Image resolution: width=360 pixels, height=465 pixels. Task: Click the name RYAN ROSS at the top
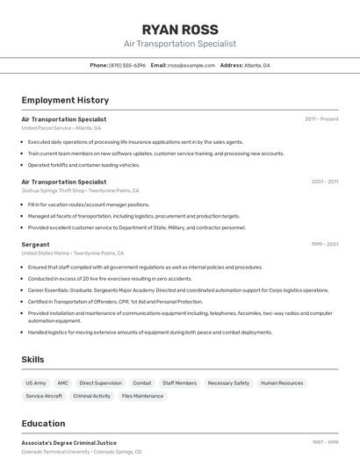pyautogui.click(x=180, y=29)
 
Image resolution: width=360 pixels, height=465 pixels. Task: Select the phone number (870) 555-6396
pyautogui.click(x=127, y=66)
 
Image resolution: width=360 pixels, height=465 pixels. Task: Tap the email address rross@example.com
pyautogui.click(x=191, y=66)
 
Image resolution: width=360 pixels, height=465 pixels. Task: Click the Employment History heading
pyautogui.click(x=65, y=101)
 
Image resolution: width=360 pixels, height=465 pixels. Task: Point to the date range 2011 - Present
pyautogui.click(x=321, y=119)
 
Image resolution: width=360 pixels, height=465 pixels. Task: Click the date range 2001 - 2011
pyautogui.click(x=324, y=182)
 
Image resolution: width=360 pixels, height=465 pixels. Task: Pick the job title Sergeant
pyautogui.click(x=35, y=244)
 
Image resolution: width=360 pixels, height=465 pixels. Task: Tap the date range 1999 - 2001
pyautogui.click(x=324, y=244)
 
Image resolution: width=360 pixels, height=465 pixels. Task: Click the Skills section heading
pyautogui.click(x=32, y=360)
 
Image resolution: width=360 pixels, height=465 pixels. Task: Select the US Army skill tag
pyautogui.click(x=36, y=383)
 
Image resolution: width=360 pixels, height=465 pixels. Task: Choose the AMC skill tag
pyautogui.click(x=62, y=383)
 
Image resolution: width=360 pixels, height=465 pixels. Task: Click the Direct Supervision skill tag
pyautogui.click(x=101, y=383)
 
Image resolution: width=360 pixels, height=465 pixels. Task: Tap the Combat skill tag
pyautogui.click(x=142, y=383)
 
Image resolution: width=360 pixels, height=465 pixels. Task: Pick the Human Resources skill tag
pyautogui.click(x=282, y=383)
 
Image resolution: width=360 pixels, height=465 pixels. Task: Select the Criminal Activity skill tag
pyautogui.click(x=92, y=397)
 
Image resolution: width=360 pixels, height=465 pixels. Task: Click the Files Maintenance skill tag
pyautogui.click(x=142, y=397)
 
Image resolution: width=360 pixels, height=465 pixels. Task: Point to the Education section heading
pyautogui.click(x=43, y=423)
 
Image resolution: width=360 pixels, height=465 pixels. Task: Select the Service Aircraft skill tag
pyautogui.click(x=44, y=397)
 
